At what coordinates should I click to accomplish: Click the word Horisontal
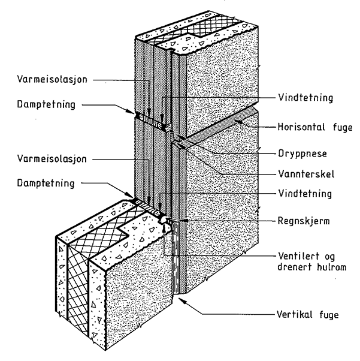tap(294, 128)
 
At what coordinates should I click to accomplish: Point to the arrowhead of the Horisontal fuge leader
tap(236, 122)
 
